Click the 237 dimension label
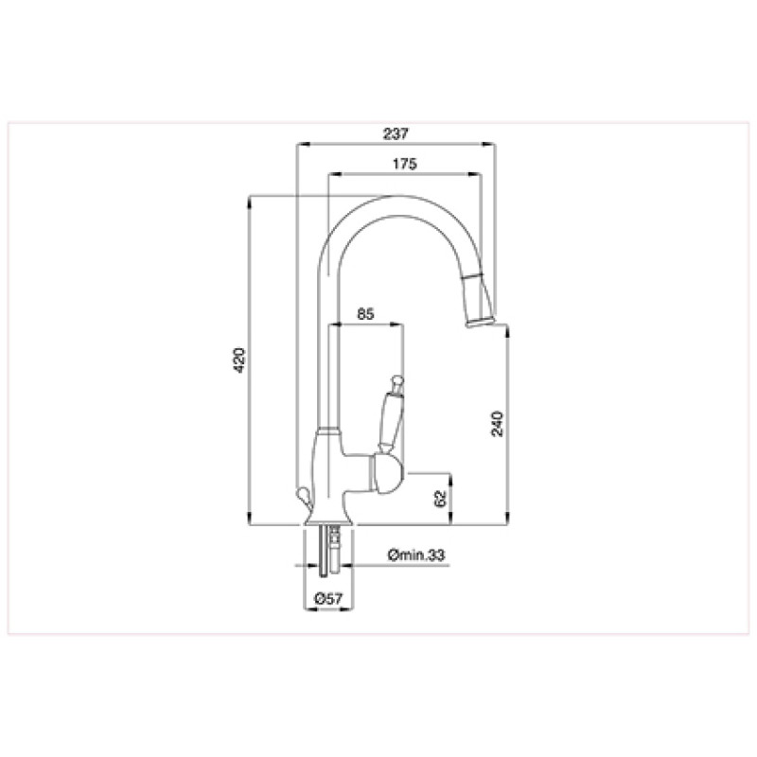pos(396,133)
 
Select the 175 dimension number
pos(405,164)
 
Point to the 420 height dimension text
pos(239,361)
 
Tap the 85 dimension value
pos(365,314)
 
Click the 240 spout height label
pos(498,424)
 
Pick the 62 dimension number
pos(440,499)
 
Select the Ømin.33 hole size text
pos(416,555)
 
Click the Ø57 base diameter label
pos(328,599)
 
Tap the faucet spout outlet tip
pos(480,322)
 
